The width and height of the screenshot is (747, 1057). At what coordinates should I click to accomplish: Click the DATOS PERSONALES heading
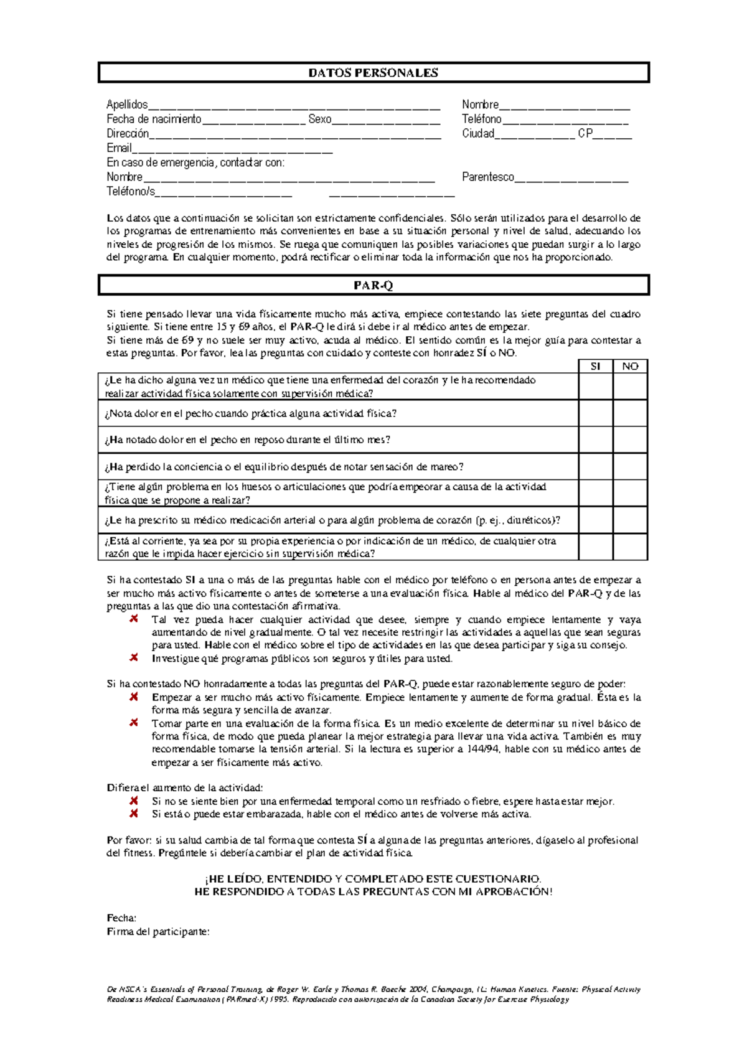coord(374,73)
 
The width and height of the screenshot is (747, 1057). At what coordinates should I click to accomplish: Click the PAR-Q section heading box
coord(374,286)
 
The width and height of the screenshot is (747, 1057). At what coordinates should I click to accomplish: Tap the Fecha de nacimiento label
coord(154,119)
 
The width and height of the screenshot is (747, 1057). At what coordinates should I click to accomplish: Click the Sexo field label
coord(319,119)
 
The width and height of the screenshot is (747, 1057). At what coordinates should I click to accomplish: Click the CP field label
coord(585,133)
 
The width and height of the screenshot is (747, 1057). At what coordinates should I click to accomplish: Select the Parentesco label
coord(487,177)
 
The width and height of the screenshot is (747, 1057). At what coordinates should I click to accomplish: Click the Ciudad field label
coord(477,133)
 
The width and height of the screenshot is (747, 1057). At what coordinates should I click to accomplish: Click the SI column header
coord(595,367)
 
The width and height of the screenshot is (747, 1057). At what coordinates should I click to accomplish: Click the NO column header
coord(630,367)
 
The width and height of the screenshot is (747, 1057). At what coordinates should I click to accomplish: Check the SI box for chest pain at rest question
coord(595,439)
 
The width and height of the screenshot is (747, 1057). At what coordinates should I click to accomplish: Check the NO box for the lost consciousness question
coord(630,466)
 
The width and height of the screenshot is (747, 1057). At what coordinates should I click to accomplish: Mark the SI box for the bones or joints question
coord(595,493)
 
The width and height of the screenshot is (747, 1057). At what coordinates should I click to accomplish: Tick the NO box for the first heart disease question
coord(630,386)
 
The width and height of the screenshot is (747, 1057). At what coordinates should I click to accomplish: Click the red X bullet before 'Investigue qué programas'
coord(134,657)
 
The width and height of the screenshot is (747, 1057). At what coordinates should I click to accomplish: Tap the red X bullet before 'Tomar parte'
coord(134,723)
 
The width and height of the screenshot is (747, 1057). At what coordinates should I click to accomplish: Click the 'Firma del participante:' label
coord(158,931)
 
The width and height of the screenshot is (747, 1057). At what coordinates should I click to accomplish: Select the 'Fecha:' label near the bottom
coord(121,918)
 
